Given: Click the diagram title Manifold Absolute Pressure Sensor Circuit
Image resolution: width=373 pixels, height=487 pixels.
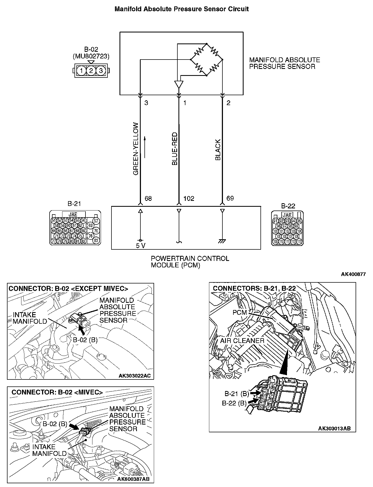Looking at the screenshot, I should (181, 9).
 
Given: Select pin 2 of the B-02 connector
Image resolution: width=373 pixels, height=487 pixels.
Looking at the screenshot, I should (91, 71).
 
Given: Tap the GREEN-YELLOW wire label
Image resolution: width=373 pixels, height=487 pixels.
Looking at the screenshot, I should (136, 149).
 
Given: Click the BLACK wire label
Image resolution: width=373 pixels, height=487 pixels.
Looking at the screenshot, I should (218, 150).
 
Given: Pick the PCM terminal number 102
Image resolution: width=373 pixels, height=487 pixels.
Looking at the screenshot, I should (189, 199).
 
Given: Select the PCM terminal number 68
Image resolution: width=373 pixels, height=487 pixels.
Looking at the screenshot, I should (148, 199).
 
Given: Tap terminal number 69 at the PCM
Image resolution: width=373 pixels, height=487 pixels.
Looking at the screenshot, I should (230, 198).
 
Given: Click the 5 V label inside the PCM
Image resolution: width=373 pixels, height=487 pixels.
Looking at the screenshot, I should (140, 246).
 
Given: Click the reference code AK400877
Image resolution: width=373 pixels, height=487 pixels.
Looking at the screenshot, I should (353, 274).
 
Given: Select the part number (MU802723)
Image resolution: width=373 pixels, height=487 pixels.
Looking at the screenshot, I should (91, 56).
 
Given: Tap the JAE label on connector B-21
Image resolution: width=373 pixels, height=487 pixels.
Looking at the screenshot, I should (73, 214).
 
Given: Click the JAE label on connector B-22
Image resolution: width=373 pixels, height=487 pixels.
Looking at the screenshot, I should (287, 215).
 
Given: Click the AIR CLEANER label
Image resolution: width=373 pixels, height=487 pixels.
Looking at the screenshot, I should (242, 341).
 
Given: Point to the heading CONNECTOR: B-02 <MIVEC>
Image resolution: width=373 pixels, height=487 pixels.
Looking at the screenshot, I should (57, 392).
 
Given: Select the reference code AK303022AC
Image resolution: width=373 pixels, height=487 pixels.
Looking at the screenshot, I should (135, 376).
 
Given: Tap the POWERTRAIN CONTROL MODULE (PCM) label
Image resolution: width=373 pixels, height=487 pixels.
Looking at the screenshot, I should (190, 262).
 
